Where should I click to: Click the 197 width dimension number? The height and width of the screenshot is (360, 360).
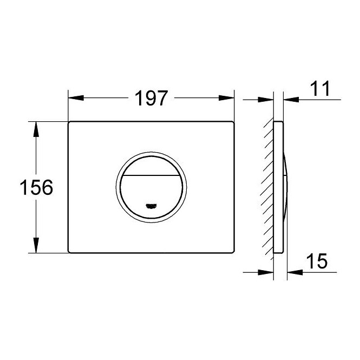pyautogui.click(x=151, y=99)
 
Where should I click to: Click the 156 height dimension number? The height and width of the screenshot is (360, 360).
pyautogui.click(x=36, y=187)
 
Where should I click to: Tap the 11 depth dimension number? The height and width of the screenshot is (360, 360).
pyautogui.click(x=320, y=88)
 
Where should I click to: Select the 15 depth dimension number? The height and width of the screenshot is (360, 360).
pyautogui.click(x=317, y=261)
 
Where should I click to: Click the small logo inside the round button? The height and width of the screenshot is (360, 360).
pyautogui.click(x=151, y=206)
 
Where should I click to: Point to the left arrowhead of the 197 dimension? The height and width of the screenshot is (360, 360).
pyautogui.click(x=76, y=98)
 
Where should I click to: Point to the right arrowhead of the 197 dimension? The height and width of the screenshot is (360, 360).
pyautogui.click(x=227, y=98)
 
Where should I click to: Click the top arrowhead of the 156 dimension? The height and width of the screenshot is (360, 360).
pyautogui.click(x=36, y=129)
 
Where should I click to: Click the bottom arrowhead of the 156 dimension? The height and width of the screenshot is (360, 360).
pyautogui.click(x=36, y=245)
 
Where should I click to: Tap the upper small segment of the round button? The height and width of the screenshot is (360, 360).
pyautogui.click(x=151, y=166)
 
